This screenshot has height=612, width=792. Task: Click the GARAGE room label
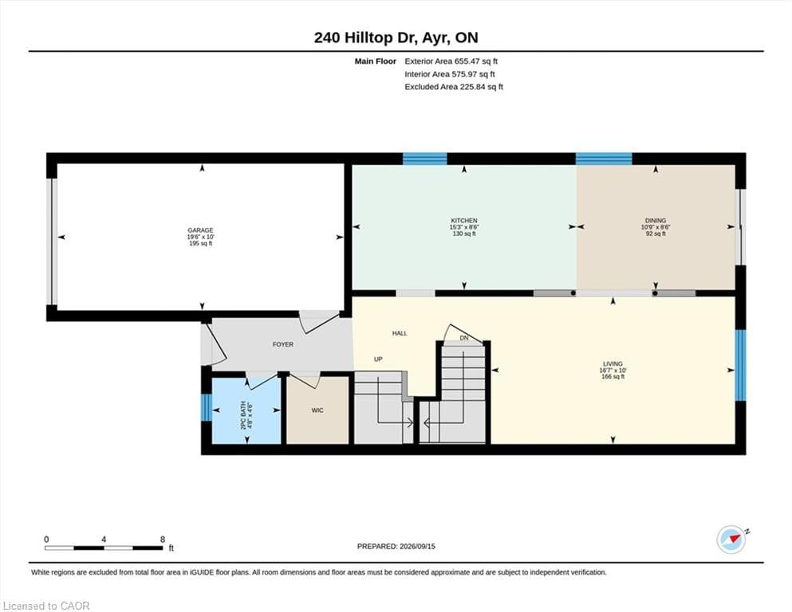200,230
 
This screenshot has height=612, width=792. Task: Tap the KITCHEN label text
464,221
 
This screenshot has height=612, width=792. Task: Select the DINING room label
656,221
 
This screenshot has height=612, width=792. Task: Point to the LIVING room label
613,363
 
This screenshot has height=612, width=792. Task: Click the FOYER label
283,344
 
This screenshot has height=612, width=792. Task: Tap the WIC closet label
317,410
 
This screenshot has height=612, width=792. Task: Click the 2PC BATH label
243,416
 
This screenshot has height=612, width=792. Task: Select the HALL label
400,333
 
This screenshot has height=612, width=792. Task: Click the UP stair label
378,359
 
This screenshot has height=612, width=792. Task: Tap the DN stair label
464,338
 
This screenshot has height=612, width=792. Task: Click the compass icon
731,539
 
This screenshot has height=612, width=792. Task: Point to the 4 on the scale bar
104,539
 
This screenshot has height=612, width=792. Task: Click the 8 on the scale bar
163,539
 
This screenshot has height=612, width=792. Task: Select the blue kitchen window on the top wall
425,159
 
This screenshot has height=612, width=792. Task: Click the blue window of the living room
740,365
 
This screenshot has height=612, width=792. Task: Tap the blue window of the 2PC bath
206,407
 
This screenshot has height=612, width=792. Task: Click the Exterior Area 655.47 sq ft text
451,61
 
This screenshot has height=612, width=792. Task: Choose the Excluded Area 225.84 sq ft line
454,87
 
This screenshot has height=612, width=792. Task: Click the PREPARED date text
396,547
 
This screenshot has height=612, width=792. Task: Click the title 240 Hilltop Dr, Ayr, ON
396,37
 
